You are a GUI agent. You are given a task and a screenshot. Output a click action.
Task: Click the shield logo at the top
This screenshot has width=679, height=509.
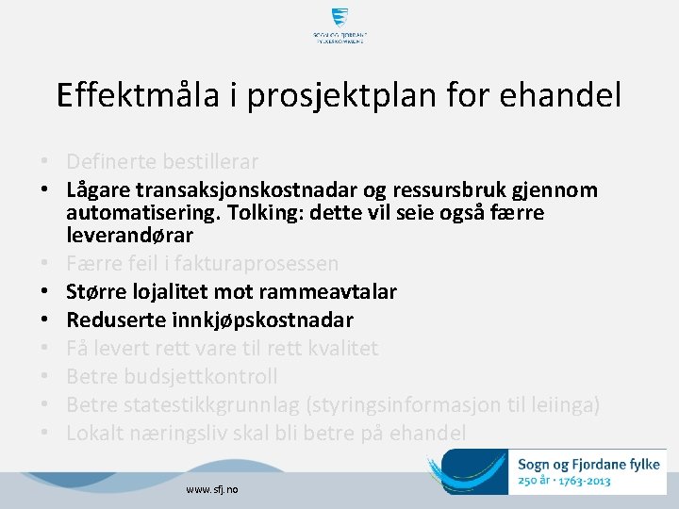pyautogui.click(x=339, y=18)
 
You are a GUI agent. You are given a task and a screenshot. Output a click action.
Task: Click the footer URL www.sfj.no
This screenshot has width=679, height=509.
pyautogui.click(x=212, y=490)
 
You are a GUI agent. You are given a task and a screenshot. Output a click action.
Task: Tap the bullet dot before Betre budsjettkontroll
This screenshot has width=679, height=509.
pyautogui.click(x=44, y=377)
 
